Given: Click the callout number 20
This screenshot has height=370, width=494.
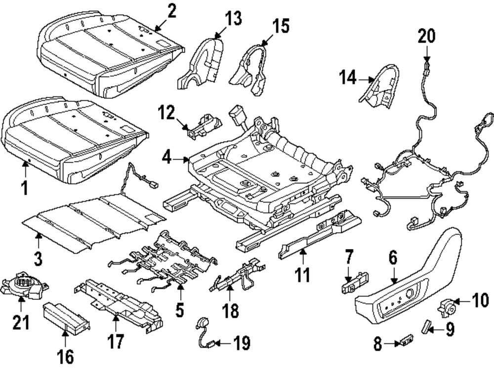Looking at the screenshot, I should click(426, 36).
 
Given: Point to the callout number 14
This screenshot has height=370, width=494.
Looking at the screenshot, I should click(348, 78).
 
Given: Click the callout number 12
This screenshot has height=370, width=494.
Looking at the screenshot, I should click(167, 114).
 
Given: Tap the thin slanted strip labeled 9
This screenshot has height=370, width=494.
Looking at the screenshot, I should click(426, 327).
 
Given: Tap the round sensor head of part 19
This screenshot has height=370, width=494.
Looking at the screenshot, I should click(202, 322).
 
